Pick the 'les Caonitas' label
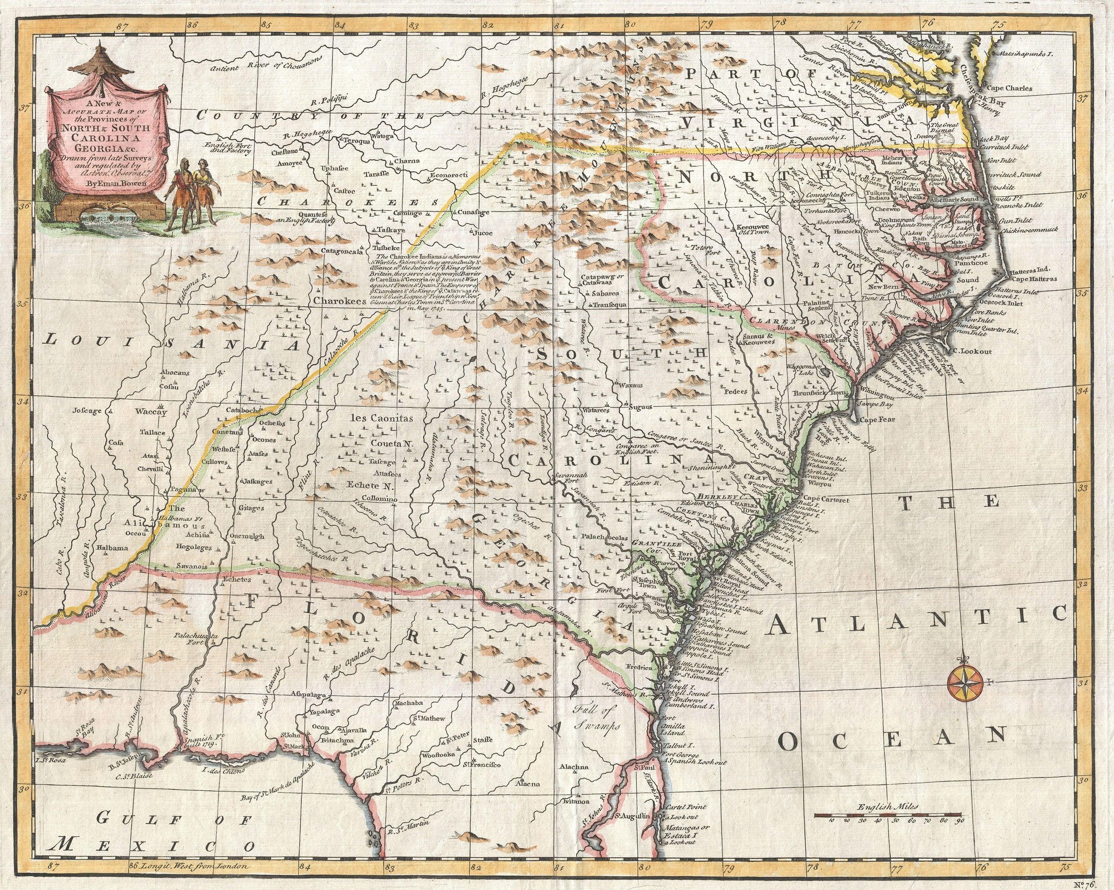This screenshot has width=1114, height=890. (x=382, y=417)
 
